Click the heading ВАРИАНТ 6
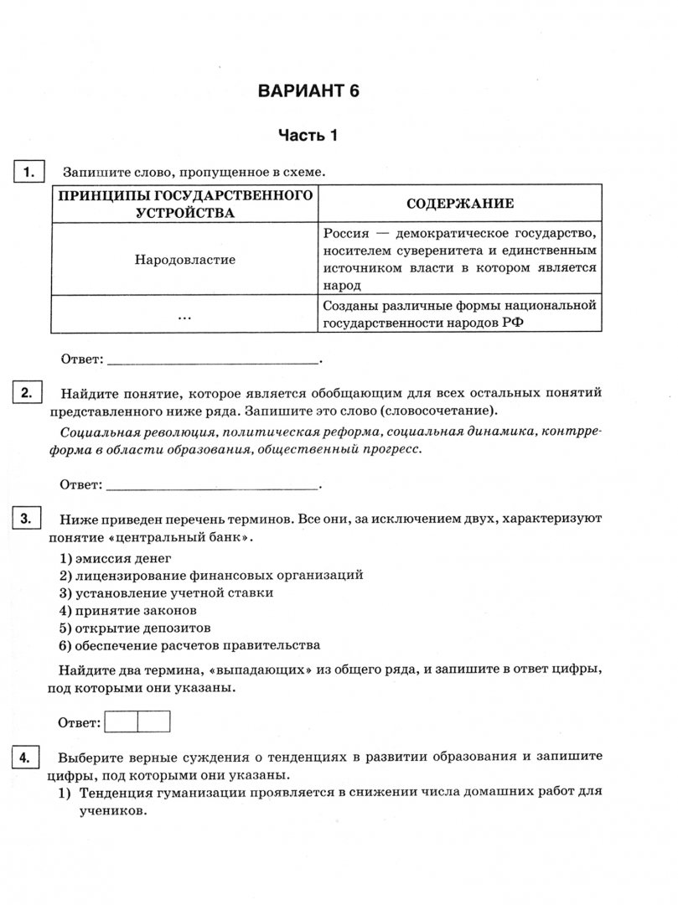[x=308, y=91]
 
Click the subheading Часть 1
[x=308, y=134]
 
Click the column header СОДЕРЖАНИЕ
[x=459, y=204]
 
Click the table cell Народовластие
[x=184, y=259]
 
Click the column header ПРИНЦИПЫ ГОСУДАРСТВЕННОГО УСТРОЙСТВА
[x=184, y=204]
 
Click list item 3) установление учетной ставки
[x=167, y=592]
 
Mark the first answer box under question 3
[x=122, y=721]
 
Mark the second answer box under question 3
[x=154, y=721]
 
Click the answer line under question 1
[x=213, y=361]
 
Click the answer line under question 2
[x=213, y=486]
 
